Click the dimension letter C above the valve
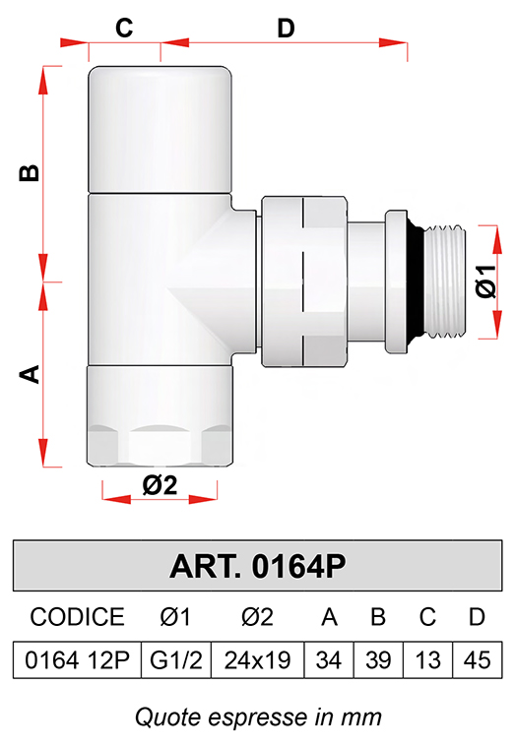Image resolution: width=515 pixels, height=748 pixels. coord(124,28)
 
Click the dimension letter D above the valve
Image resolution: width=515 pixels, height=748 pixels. coord(286,29)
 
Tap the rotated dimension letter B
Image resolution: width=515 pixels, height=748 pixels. coord(30,172)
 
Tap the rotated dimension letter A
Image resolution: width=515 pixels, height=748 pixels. coord(30,374)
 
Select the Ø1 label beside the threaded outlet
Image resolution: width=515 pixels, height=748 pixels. coord(486,281)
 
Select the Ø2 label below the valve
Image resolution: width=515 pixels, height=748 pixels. coord(160,485)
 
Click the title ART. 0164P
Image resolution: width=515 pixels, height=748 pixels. coord(257,566)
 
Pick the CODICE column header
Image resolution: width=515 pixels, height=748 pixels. coord(78,617)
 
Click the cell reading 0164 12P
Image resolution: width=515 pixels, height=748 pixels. coord(78,660)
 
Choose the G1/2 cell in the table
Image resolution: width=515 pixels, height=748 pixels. coord(176,660)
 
